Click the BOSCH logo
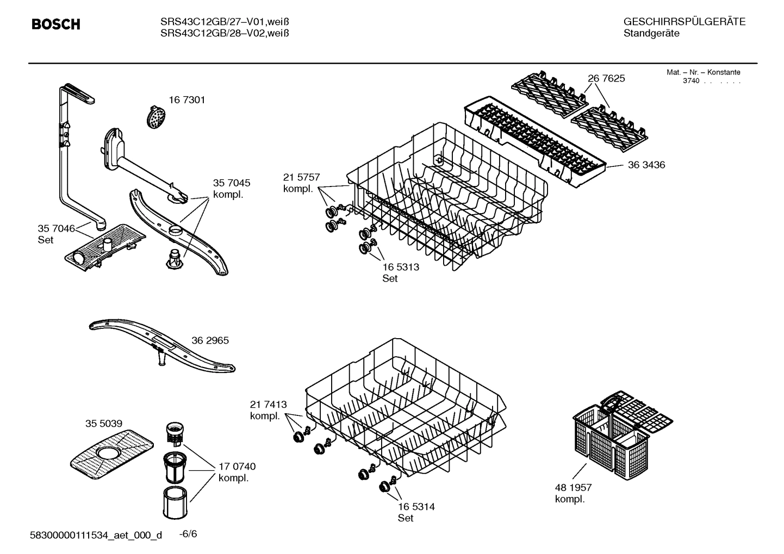tap(55, 24)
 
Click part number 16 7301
tap(186, 100)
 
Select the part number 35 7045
tap(232, 183)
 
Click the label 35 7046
tap(56, 228)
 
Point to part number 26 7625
tap(606, 78)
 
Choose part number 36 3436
tap(646, 165)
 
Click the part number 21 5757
tap(301, 177)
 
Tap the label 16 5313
tap(401, 267)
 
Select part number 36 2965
tap(210, 340)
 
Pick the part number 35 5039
tap(103, 424)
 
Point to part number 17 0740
tap(237, 466)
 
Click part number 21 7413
tap(268, 404)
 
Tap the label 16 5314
tap(416, 507)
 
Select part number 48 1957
tap(573, 488)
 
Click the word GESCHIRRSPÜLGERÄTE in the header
tap(684, 22)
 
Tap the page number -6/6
tap(188, 534)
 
